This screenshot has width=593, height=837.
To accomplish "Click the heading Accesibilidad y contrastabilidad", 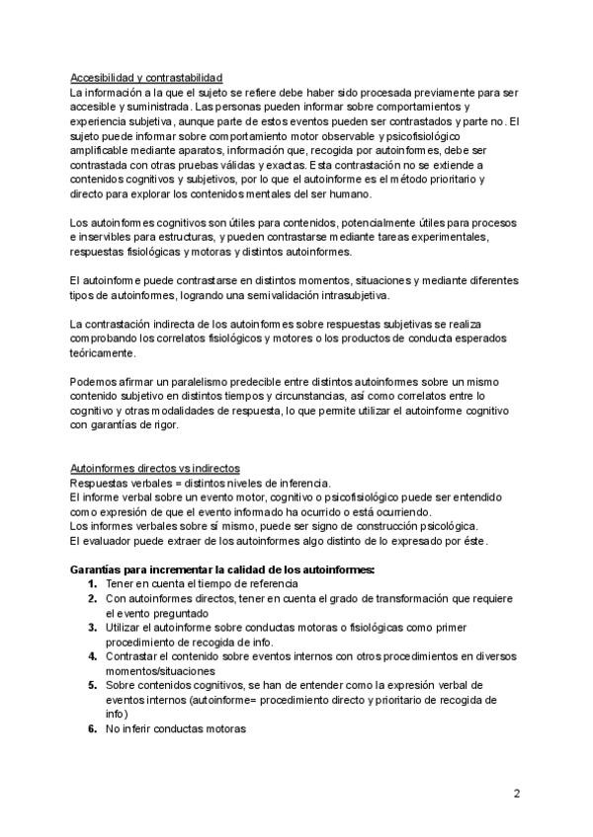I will tap(146, 77).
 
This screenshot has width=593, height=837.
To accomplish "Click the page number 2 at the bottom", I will tap(516, 793).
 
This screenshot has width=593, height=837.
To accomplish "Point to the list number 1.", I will tap(91, 583).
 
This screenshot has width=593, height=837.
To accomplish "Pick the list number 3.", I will tap(91, 627).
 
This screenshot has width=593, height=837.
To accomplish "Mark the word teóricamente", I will tap(103, 352).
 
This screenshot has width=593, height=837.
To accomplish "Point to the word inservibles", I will tap(109, 238).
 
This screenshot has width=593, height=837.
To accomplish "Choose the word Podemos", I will tap(93, 381).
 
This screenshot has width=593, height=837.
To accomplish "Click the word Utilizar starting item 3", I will tap(125, 627).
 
